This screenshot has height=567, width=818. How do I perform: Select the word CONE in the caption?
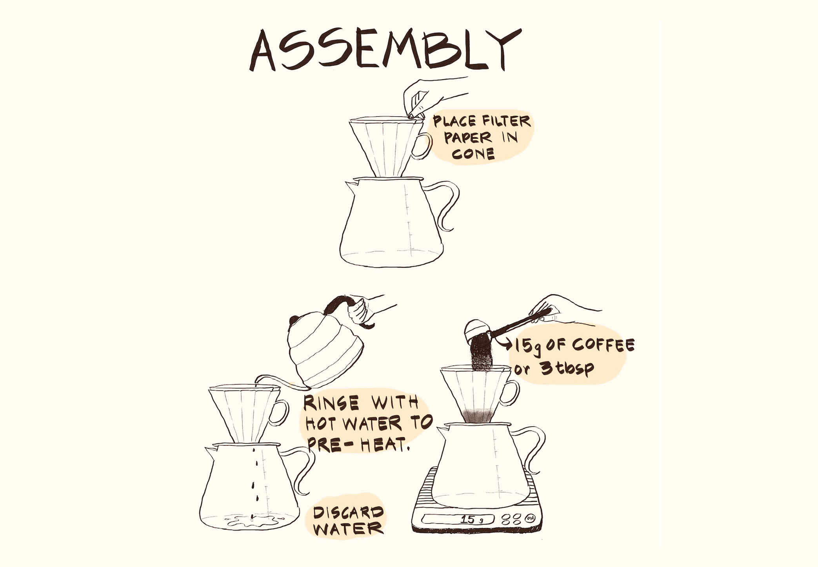click(473, 154)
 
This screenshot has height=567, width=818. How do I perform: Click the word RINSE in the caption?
click(331, 403)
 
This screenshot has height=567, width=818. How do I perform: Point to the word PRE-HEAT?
click(358, 444)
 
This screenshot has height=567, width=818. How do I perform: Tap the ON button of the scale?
click(530, 518)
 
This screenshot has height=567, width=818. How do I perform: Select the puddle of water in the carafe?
click(253, 521)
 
